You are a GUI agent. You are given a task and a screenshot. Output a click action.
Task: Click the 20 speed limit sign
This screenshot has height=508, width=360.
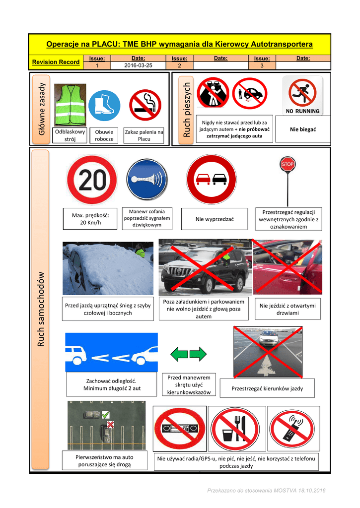pos(92,180)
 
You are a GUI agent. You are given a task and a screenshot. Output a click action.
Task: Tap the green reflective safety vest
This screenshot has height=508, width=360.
pos(70,105)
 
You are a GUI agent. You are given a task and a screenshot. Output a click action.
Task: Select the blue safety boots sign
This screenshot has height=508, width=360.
pos(104,106)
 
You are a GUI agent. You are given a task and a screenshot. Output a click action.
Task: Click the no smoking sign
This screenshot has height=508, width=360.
pos(145,105)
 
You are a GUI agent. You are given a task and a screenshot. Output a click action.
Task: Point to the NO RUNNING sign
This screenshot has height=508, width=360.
pos(302,96)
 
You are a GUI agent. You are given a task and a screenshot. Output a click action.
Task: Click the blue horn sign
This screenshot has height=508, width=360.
pos(147,180)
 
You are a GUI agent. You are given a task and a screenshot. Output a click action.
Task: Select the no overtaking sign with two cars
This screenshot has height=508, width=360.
pos(212,179)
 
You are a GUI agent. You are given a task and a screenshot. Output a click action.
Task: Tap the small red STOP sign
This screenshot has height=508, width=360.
pos(288,164)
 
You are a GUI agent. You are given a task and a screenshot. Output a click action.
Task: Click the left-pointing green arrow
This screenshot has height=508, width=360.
pos(179,354)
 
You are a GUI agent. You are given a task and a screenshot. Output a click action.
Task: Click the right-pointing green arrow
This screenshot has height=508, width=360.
pos(198,354)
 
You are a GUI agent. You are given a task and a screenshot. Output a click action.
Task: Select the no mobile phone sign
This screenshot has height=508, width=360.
pos(292,429)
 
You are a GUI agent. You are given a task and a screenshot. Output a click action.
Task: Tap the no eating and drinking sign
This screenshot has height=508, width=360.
pos(235,429)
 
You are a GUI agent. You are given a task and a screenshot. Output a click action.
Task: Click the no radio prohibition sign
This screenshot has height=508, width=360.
pos(180,428)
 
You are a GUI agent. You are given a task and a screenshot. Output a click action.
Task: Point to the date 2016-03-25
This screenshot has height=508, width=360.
pos(138,65)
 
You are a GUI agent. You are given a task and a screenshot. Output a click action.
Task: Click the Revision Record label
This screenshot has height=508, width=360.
pos(56,62)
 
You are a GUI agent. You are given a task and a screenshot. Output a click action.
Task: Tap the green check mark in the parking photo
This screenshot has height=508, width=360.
pos(106,415)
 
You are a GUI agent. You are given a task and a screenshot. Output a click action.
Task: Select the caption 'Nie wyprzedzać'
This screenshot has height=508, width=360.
pos(215,219)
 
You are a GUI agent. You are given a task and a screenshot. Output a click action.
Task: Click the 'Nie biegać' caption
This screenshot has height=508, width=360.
pos(302,129)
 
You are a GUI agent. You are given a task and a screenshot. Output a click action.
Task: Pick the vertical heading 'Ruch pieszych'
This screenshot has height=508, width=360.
pos(187,110)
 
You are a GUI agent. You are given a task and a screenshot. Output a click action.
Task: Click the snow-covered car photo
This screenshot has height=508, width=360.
pos(108,268)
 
